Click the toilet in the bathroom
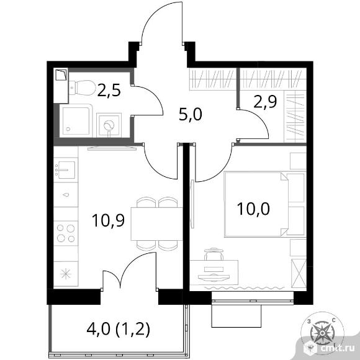click(x=83, y=88)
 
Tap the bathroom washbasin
click(x=109, y=125)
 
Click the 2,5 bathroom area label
click(x=109, y=91)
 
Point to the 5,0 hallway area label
click(x=191, y=115)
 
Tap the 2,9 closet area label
click(x=265, y=101)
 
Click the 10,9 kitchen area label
click(x=108, y=220)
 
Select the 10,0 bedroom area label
click(x=253, y=209)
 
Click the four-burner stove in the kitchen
click(x=66, y=233)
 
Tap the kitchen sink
click(x=66, y=170)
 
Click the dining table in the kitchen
click(x=156, y=224)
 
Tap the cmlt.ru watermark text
click(x=336, y=348)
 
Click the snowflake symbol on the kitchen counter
click(x=66, y=274)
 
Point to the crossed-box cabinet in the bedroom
click(x=299, y=273)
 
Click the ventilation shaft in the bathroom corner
click(x=61, y=75)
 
